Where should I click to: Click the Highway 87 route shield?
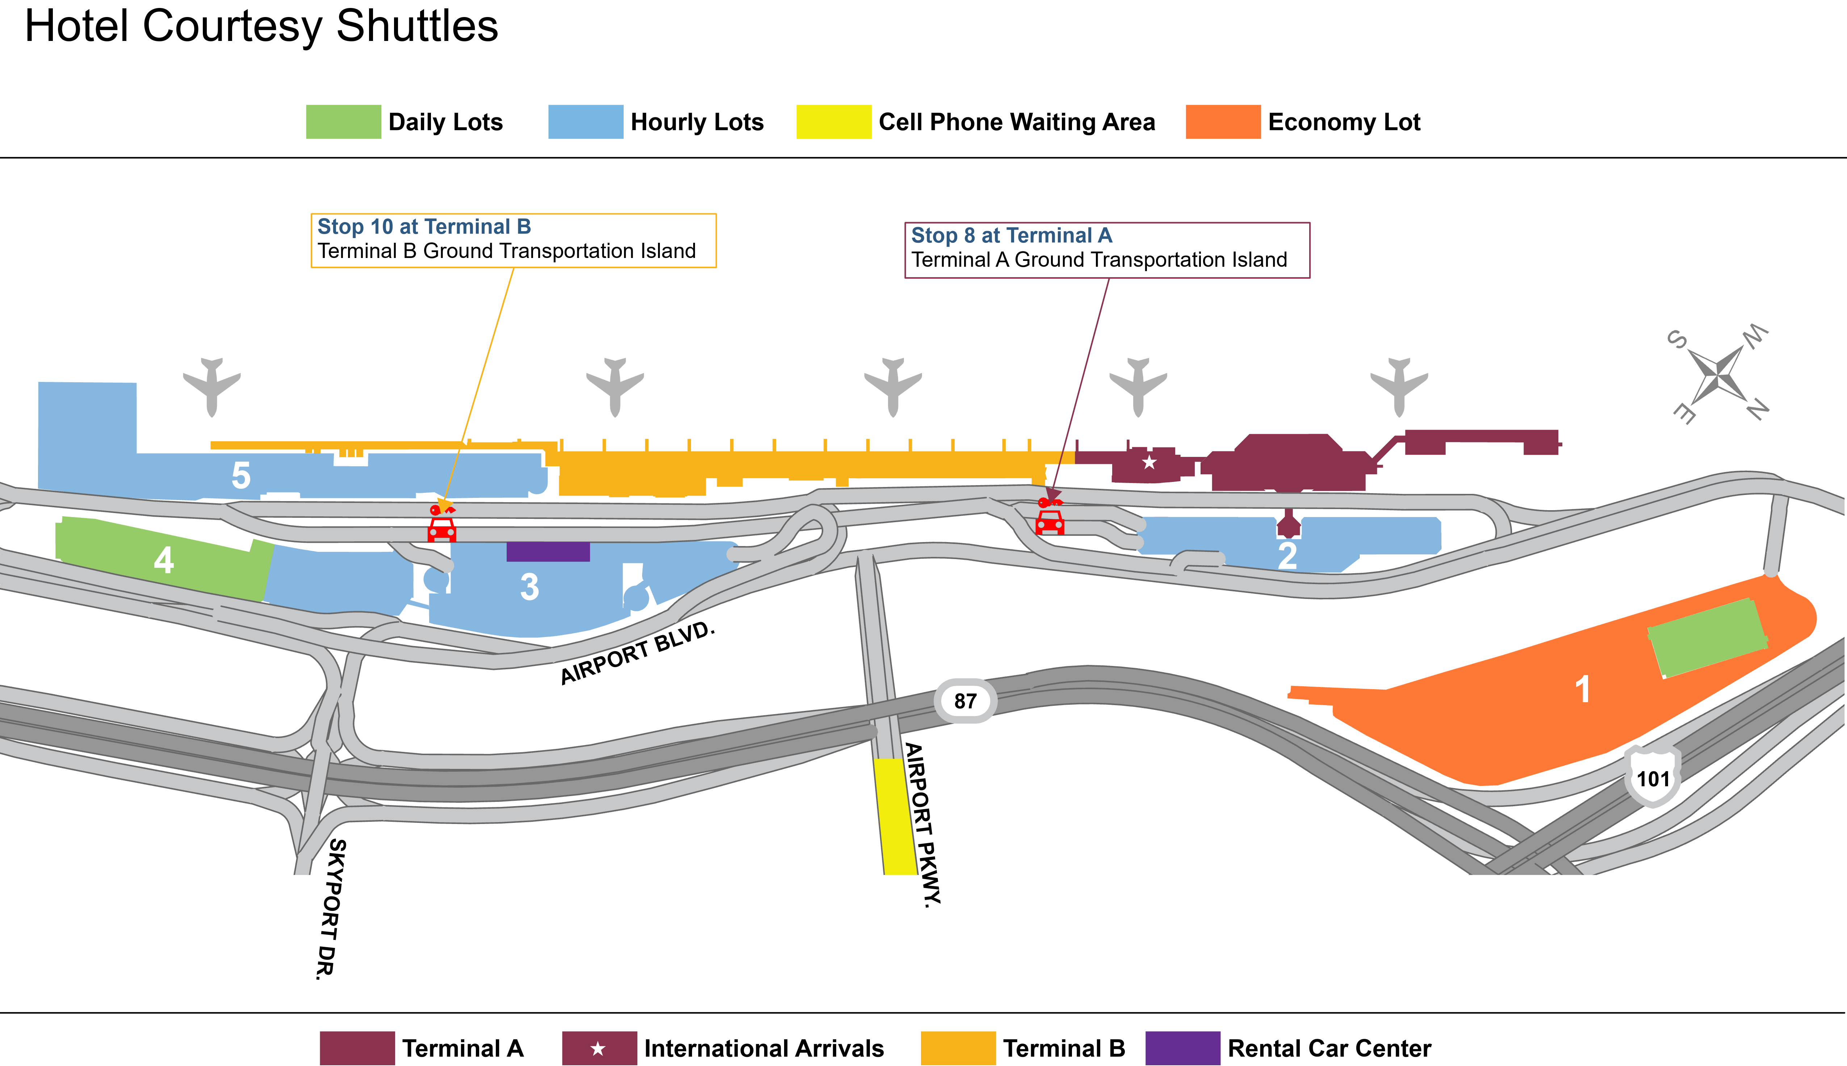click(x=965, y=701)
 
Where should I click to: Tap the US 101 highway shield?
click(x=1653, y=778)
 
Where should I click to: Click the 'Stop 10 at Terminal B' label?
click(x=424, y=227)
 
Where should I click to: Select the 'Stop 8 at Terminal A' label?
click(x=1011, y=236)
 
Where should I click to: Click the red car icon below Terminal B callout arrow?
click(x=442, y=529)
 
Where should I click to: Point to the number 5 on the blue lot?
click(x=241, y=475)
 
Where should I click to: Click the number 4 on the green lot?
click(x=164, y=560)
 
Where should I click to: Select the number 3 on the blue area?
click(x=529, y=587)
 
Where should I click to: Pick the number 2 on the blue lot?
click(x=1287, y=555)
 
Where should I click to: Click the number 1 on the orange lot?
click(x=1582, y=689)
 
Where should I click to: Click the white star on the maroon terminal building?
click(x=1149, y=462)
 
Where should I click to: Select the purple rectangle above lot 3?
click(x=548, y=551)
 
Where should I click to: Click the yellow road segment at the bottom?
click(x=896, y=816)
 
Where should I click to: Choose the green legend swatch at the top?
click(x=343, y=121)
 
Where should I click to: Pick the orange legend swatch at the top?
click(x=1223, y=121)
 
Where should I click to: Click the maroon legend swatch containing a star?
click(x=599, y=1048)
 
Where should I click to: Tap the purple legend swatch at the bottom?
click(x=1182, y=1048)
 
